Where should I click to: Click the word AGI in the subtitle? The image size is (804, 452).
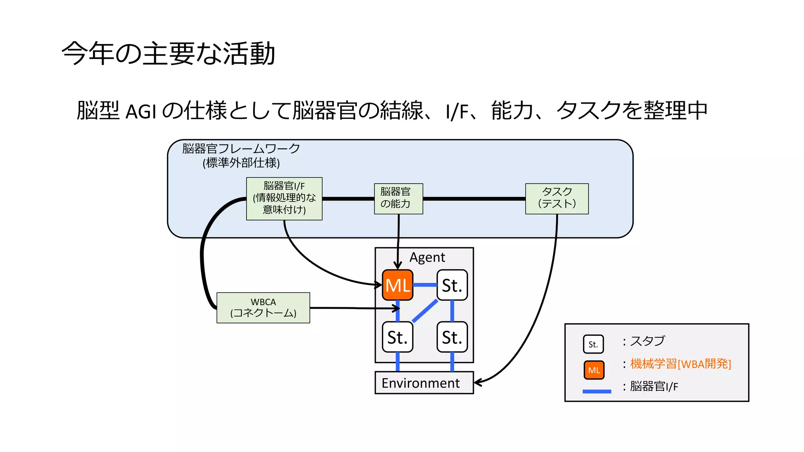pos(141,112)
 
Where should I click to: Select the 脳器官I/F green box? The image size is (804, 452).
pos(284,198)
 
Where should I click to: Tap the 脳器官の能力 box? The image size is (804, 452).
pos(398,199)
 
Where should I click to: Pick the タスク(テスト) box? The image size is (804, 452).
pos(557,199)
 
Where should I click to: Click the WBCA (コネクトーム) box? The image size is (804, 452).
pos(263,308)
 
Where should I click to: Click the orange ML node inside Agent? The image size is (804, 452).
pos(397,285)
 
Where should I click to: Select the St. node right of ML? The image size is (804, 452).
pos(452,285)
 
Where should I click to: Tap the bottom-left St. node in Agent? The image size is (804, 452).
pos(397,337)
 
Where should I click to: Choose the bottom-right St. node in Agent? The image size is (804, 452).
pos(452,337)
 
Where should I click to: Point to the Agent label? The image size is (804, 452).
pos(427,257)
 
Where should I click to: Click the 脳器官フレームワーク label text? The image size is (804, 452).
pos(241,149)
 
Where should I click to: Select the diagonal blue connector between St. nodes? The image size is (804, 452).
pos(425,311)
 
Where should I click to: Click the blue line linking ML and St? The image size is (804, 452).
pos(425,285)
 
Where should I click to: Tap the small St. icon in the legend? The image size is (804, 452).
pos(593,344)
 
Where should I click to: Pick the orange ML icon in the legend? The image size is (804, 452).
pos(594,370)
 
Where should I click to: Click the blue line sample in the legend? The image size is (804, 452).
pos(597,391)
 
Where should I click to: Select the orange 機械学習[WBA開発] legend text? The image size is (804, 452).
pos(680,364)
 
